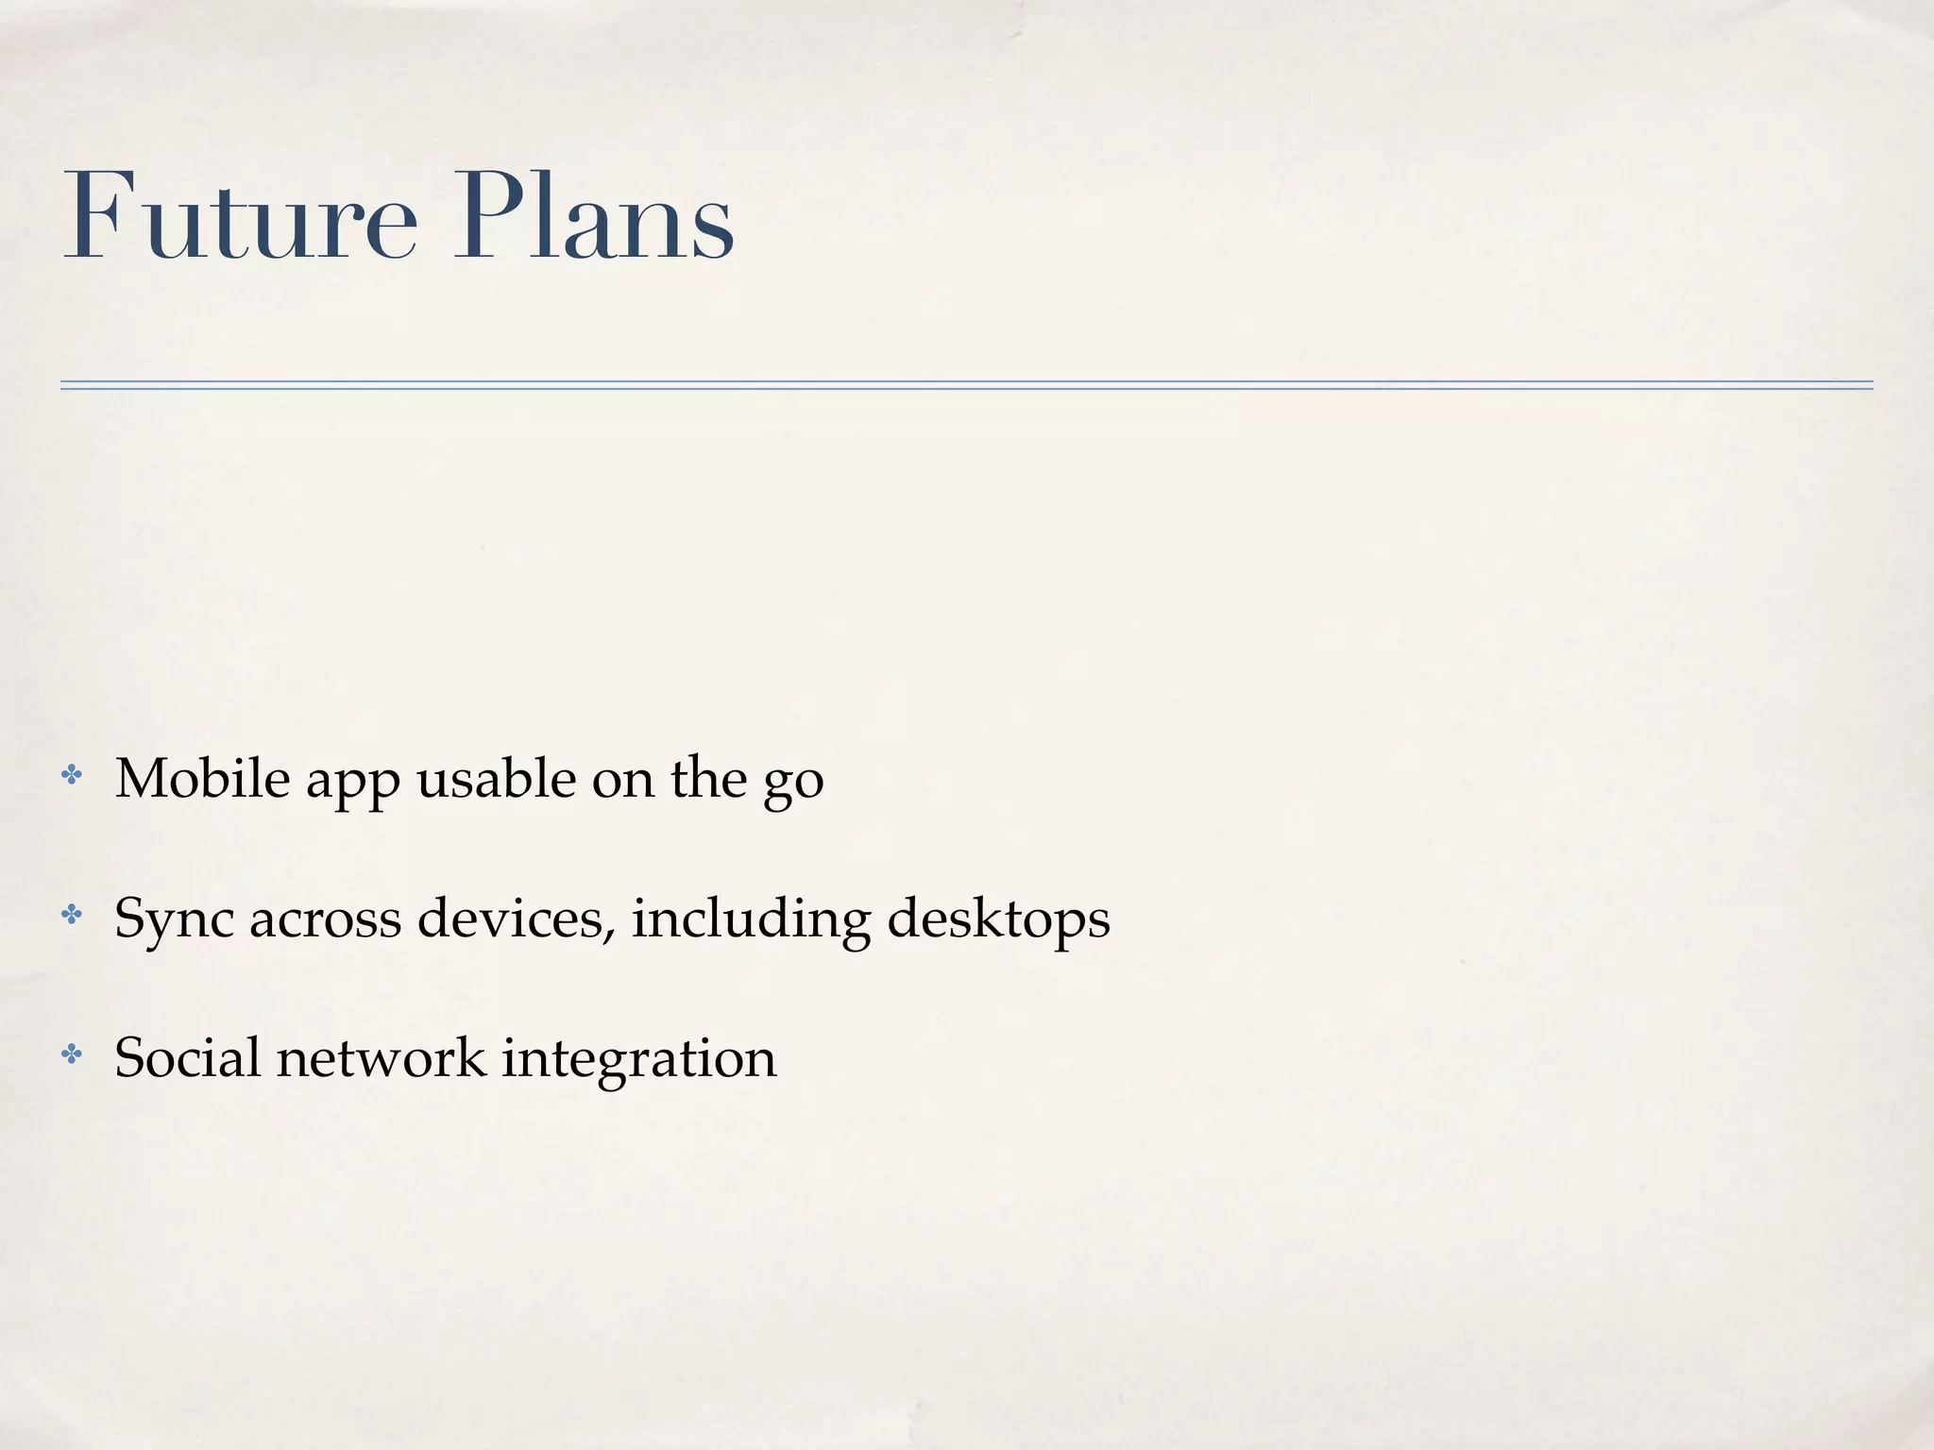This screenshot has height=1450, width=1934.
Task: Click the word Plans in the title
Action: pyautogui.click(x=593, y=218)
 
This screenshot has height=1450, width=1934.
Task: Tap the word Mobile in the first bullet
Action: pyautogui.click(x=202, y=779)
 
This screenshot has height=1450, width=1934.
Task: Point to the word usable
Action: pyautogui.click(x=496, y=779)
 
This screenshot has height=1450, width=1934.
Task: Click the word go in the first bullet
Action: pyautogui.click(x=793, y=784)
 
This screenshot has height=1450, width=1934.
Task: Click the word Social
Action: pyautogui.click(x=187, y=1057)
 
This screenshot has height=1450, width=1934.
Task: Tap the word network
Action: pyautogui.click(x=381, y=1057)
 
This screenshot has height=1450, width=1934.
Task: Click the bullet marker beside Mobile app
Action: pyautogui.click(x=72, y=776)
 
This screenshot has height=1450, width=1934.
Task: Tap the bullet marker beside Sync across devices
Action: pyautogui.click(x=72, y=915)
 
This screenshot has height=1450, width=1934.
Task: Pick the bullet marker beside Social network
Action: pyautogui.click(x=72, y=1054)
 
